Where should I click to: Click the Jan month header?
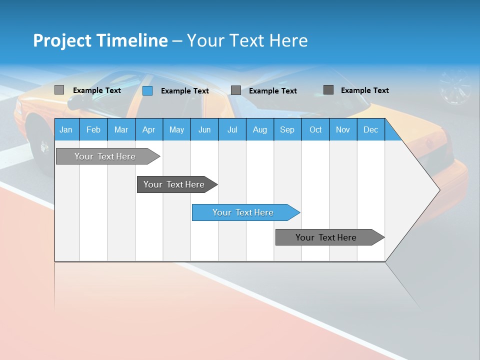pos(66,129)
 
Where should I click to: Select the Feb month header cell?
pos(93,129)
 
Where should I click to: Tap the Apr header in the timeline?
pos(148,129)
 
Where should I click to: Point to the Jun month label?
pos(204,129)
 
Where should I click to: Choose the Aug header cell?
pos(259,129)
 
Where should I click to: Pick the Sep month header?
pos(287,129)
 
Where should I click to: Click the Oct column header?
pos(315,129)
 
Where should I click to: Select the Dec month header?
pos(370,129)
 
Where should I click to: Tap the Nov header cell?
pos(343,129)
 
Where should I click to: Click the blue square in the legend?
pos(147,90)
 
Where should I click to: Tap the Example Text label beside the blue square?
pos(184,91)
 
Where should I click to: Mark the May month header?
pos(176,129)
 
